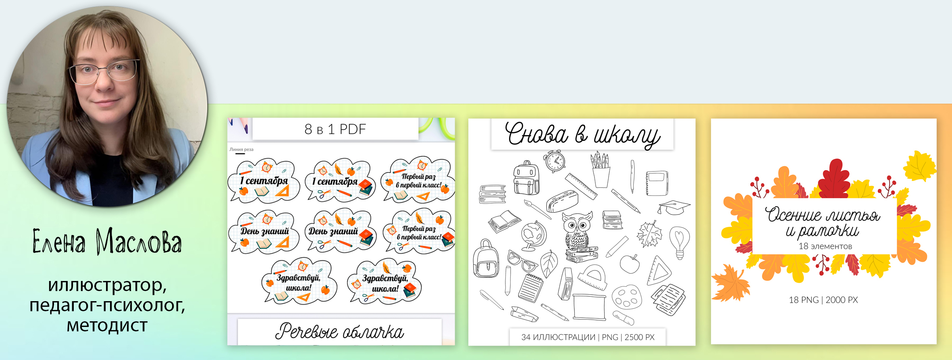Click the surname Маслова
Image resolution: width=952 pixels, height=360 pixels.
pos(139,241)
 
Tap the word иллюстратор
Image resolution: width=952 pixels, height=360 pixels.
pos(107,285)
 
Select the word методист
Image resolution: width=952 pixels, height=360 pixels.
pos(107,325)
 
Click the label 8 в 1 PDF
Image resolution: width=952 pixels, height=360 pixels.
pos(335,129)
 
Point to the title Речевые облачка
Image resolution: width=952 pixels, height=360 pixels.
pos(339,331)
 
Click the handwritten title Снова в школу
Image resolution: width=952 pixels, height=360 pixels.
pos(582,134)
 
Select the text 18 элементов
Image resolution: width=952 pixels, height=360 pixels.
pos(825,246)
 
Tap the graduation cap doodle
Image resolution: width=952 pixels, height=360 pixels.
pos(673,207)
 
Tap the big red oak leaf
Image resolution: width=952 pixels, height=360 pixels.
pos(834,179)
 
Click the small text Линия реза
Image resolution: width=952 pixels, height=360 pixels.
pos(241,150)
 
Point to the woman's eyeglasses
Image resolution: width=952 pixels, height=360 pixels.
pos(103,71)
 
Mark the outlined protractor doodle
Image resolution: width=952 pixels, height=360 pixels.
pos(592,278)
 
